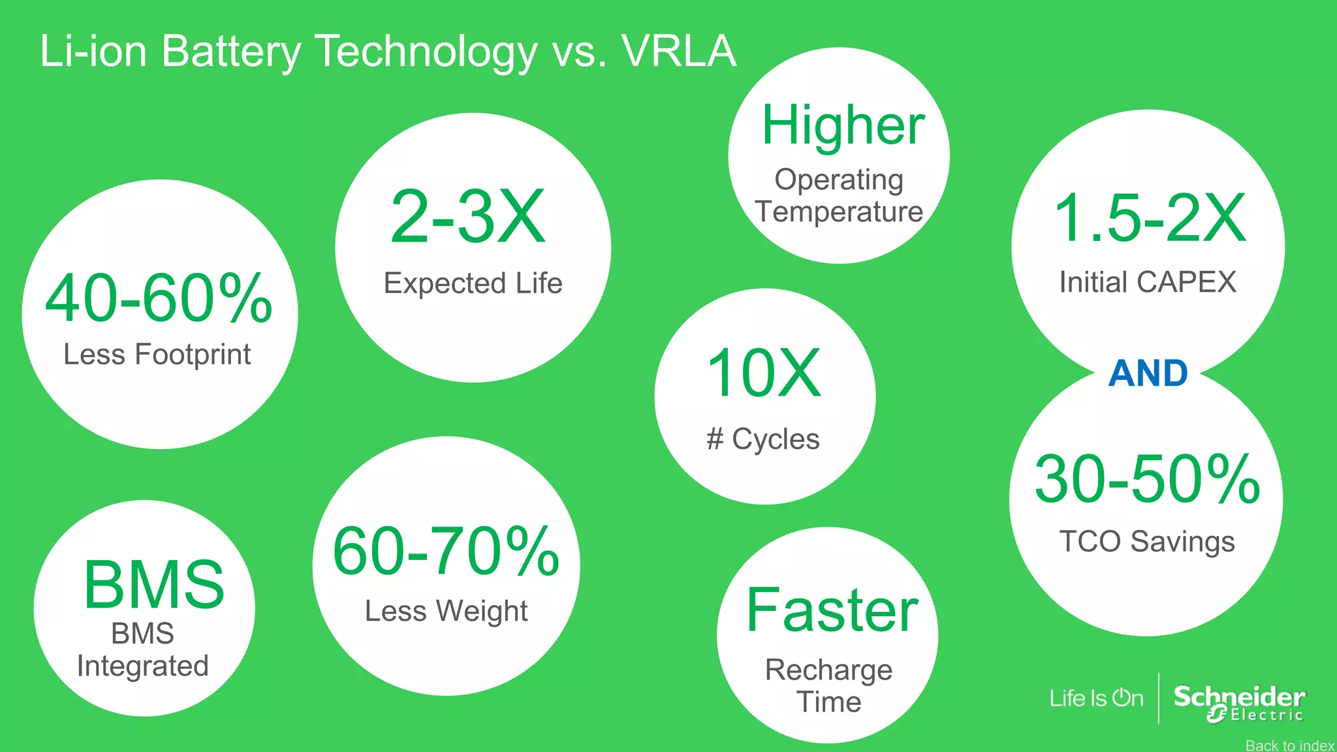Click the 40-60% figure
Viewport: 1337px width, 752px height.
click(x=159, y=299)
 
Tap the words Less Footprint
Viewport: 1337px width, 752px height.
click(x=157, y=354)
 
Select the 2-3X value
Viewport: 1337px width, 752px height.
click(x=467, y=217)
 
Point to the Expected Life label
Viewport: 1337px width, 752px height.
click(x=473, y=283)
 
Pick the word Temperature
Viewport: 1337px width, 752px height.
click(x=839, y=212)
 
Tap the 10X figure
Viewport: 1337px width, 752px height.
click(x=764, y=373)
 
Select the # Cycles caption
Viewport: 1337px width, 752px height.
click(x=763, y=439)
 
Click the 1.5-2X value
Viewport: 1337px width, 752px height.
click(x=1150, y=219)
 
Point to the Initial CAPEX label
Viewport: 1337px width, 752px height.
click(x=1148, y=282)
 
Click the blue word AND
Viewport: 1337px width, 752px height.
click(x=1148, y=373)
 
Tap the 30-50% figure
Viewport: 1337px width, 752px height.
click(x=1147, y=480)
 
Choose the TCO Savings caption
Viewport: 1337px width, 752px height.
click(x=1147, y=541)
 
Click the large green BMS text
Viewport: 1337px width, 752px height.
click(x=154, y=584)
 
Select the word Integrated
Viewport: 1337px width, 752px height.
click(x=143, y=666)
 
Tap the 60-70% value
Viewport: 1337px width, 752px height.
click(x=446, y=552)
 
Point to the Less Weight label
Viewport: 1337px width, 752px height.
click(x=446, y=611)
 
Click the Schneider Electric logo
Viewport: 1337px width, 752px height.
click(x=1238, y=703)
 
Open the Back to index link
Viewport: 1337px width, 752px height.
click(x=1289, y=745)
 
